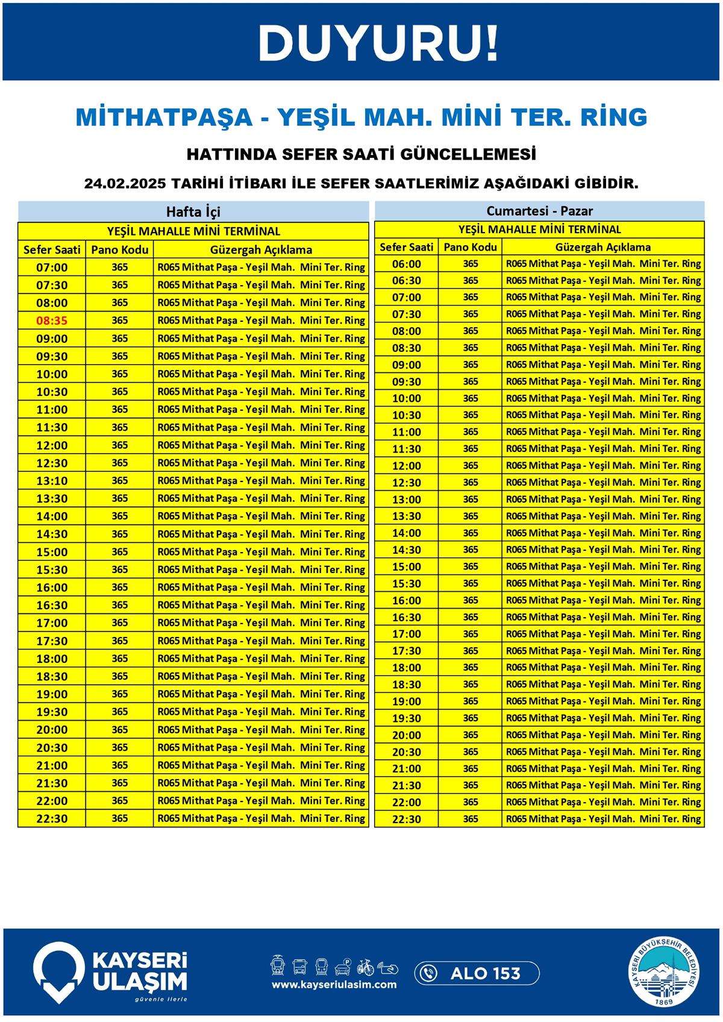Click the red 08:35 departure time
(x=52, y=321)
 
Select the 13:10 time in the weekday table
(x=52, y=481)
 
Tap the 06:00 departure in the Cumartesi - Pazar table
(x=407, y=264)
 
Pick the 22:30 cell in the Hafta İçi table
(x=52, y=818)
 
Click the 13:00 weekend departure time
(x=407, y=500)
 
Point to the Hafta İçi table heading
(x=193, y=212)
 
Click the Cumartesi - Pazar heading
(x=539, y=211)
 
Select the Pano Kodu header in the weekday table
(x=119, y=249)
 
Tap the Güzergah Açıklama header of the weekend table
(x=602, y=247)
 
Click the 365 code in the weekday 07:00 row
(x=119, y=267)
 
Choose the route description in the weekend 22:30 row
(x=603, y=819)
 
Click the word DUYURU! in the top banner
(x=378, y=43)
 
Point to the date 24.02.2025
(x=125, y=183)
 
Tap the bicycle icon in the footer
(x=365, y=967)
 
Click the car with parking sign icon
(x=343, y=967)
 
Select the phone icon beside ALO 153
(x=428, y=973)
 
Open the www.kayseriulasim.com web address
(x=334, y=985)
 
